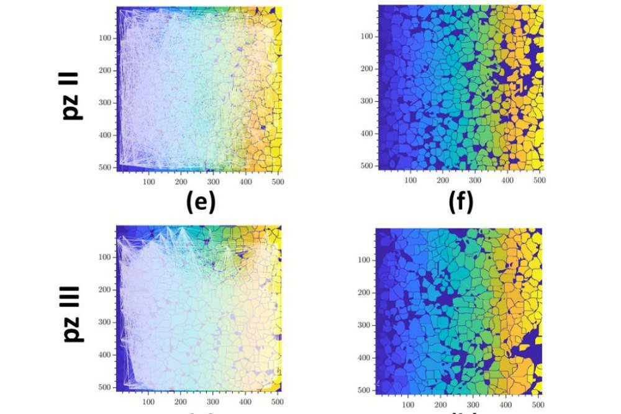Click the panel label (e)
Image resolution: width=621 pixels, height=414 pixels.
[201, 202]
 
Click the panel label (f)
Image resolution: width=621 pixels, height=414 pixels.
[461, 202]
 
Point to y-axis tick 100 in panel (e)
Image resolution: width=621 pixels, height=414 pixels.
[104, 38]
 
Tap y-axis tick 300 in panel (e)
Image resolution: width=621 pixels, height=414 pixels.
[104, 102]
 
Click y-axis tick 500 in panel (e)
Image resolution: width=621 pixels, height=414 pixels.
[104, 168]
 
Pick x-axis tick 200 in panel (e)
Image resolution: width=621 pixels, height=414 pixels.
[181, 182]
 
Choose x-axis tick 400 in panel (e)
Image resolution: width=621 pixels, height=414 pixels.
[245, 182]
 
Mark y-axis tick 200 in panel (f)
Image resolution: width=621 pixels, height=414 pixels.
[366, 68]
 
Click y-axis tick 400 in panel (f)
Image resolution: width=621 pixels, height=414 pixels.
[366, 133]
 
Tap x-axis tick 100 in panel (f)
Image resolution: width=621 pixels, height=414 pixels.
[410, 181]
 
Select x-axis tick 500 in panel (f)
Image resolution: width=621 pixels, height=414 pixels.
[539, 181]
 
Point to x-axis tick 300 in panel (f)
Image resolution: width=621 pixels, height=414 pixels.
[475, 181]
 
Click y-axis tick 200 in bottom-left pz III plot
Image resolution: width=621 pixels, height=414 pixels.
[104, 289]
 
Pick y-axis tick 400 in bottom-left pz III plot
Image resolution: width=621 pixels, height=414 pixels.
[104, 354]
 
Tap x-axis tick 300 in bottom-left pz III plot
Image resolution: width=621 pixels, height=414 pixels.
[213, 402]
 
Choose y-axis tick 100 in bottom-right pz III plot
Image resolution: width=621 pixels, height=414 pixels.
[365, 260]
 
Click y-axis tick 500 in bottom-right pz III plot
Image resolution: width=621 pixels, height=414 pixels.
[365, 390]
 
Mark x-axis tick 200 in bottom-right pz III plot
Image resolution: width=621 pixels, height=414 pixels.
[442, 405]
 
